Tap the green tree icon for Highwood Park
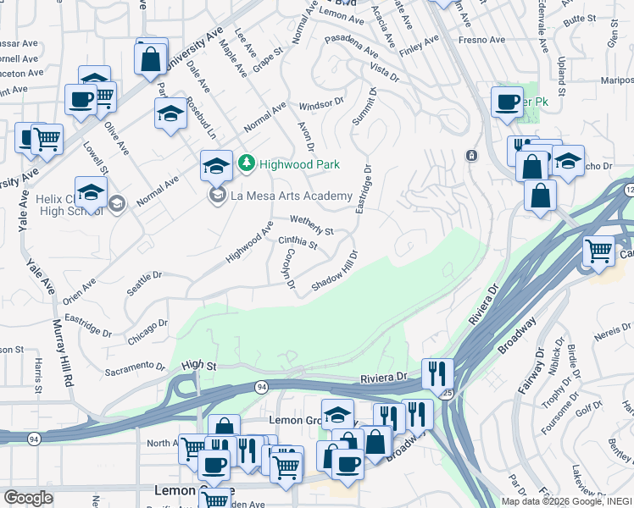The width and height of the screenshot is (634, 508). pos(246,163)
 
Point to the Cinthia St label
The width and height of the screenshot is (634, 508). pos(298,244)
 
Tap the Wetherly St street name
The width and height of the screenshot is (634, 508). pos(312,225)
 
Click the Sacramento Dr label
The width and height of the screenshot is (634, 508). pos(135,368)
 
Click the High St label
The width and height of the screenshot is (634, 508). pos(199,365)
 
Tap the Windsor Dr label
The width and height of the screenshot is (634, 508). pos(321,107)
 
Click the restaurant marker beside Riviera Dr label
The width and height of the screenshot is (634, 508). pos(437,372)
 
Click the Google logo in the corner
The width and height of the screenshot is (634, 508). pos(29,498)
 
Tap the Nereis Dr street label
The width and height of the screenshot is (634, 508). pos(611,329)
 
